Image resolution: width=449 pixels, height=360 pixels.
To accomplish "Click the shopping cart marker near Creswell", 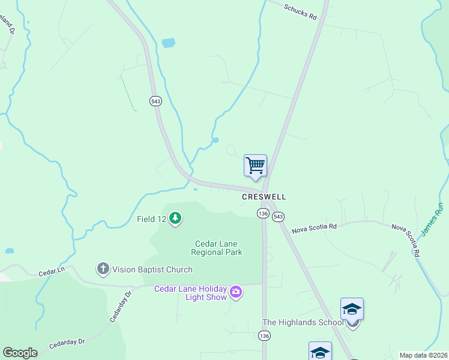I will [x=256, y=166].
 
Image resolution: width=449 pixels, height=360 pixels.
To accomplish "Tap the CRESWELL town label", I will [x=264, y=197].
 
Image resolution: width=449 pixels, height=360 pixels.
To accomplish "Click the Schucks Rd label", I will [x=300, y=11].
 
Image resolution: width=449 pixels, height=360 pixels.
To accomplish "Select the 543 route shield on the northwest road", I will [x=156, y=101].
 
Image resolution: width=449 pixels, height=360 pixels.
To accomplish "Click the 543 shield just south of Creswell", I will [x=278, y=217].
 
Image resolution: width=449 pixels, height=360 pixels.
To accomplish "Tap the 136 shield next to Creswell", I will [x=263, y=214].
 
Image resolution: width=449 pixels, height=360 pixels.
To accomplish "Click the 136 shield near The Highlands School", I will [x=265, y=337].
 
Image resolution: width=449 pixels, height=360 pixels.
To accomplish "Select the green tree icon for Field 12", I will [x=175, y=218].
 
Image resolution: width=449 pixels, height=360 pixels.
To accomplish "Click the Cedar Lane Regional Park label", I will [x=218, y=248].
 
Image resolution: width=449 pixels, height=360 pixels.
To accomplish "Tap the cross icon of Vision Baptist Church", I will [x=103, y=269].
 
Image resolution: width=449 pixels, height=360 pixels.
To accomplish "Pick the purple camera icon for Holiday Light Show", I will [x=236, y=293].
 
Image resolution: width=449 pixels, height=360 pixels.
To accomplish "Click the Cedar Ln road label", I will [x=52, y=272].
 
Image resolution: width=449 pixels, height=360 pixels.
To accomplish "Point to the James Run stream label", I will [x=432, y=219].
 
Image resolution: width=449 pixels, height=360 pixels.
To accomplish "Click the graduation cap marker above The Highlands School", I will [x=352, y=310].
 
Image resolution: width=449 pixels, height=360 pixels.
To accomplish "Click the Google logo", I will [x=20, y=353].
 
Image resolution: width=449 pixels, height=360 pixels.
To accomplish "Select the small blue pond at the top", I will [x=169, y=43].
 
